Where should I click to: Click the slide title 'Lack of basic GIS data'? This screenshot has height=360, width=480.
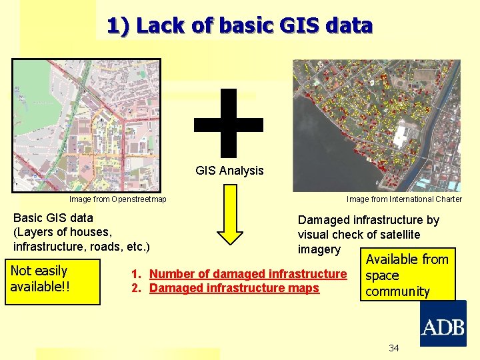[x=239, y=26]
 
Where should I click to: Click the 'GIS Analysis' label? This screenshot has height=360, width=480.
[x=229, y=171]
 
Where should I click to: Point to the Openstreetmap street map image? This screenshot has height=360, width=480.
[x=86, y=125]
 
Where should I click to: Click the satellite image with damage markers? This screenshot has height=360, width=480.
[x=377, y=125]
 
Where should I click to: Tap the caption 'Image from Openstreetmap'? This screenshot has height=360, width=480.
[x=118, y=199]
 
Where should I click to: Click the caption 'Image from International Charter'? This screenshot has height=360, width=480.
[x=404, y=199]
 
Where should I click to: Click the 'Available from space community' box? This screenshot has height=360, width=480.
[x=407, y=275]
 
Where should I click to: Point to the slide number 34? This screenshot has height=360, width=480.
[x=394, y=349]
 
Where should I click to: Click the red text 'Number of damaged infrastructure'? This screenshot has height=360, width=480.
[x=248, y=274]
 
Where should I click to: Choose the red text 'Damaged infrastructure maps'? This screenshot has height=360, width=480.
[x=234, y=288]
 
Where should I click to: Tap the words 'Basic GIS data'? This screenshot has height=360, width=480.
[x=53, y=217]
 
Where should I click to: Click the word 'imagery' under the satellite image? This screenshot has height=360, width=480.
[x=319, y=249]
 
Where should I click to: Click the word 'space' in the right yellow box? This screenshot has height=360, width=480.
[x=382, y=275]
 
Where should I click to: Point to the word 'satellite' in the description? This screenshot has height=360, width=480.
[x=395, y=234]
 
